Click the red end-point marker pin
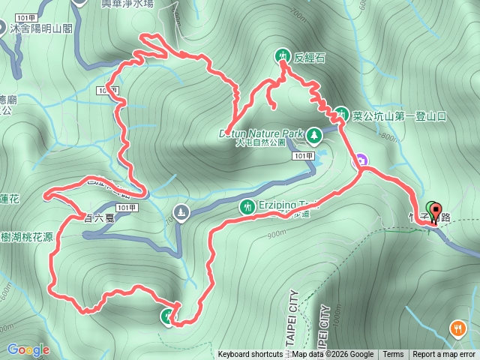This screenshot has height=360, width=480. pos(436,210)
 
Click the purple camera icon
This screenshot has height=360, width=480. pos(361,160)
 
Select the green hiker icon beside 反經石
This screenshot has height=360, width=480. pos(282,55)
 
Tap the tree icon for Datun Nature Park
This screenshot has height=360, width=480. pos(313,135)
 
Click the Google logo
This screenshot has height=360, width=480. pos(28,349)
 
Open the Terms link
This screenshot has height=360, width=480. pos(393,355)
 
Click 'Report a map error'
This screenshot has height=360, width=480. pos(444,355)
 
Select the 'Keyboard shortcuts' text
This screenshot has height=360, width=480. pos(250,355)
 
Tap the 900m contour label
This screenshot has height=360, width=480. pos(276,234)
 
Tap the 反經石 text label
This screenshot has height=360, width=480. pos(310,56)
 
